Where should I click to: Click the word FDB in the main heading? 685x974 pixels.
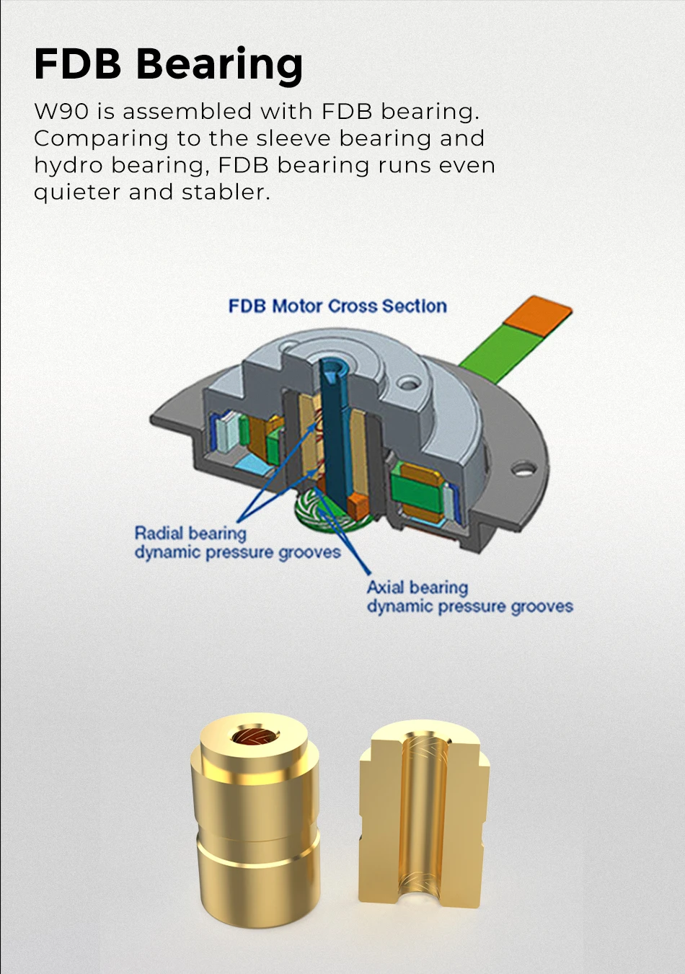(77, 63)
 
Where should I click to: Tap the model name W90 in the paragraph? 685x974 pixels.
(61, 111)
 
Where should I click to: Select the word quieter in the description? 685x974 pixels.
(77, 192)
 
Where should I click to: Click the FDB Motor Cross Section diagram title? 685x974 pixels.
(337, 306)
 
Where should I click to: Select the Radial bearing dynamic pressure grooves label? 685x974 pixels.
(237, 543)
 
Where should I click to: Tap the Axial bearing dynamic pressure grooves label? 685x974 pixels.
(469, 597)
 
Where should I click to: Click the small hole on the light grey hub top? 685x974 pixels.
(407, 383)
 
